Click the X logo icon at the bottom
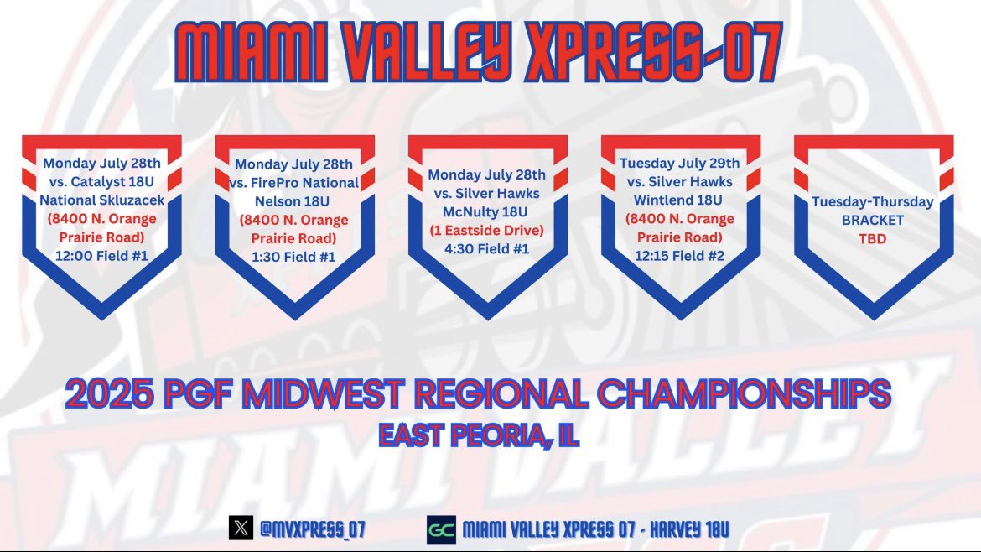(x=240, y=529)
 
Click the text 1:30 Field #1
(x=295, y=257)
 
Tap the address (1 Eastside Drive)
(x=486, y=230)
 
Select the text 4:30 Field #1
(x=486, y=248)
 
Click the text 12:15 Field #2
(x=679, y=253)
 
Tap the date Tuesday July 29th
(x=679, y=163)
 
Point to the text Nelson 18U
(x=295, y=201)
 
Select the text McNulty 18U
(x=486, y=211)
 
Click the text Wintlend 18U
(x=679, y=200)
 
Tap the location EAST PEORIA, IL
(x=478, y=435)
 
